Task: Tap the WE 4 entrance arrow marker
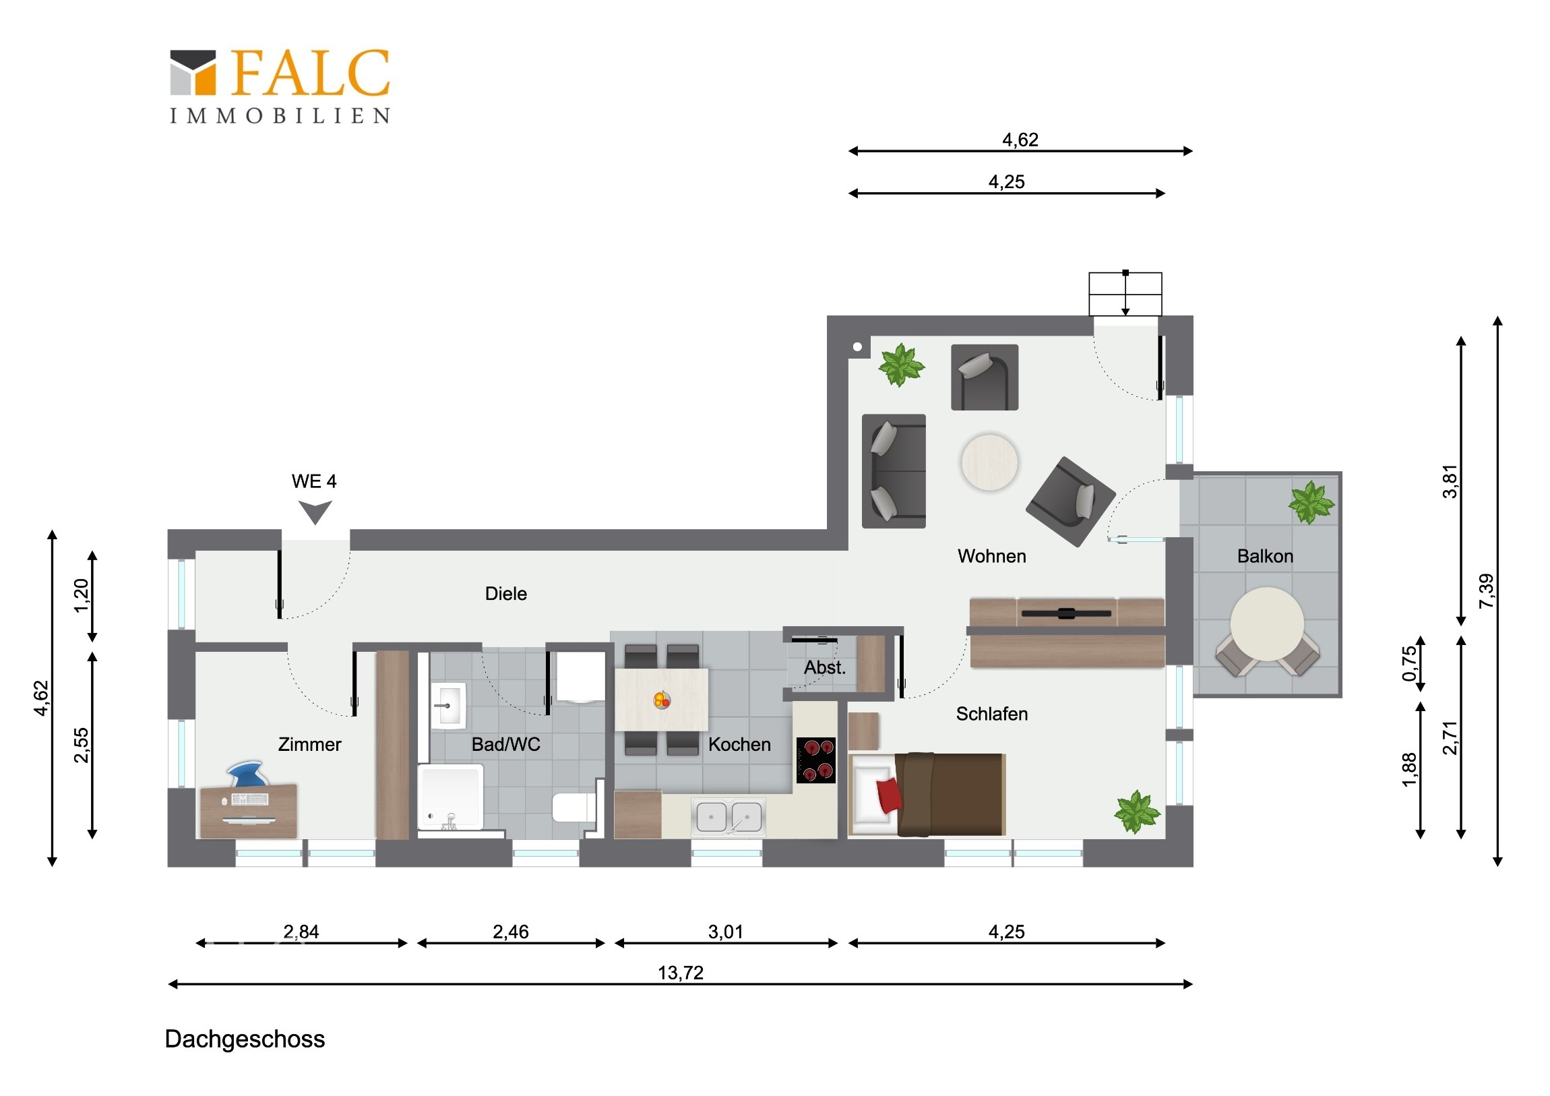click(315, 512)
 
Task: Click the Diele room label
click(505, 594)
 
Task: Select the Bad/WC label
click(505, 744)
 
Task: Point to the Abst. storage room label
click(824, 667)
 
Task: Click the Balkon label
click(1265, 556)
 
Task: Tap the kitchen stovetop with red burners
click(816, 760)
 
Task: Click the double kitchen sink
click(728, 816)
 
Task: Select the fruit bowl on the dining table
click(662, 700)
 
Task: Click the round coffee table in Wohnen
click(990, 462)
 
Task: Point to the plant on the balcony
click(1311, 501)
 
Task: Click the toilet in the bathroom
click(574, 806)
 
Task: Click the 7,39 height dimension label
click(1486, 591)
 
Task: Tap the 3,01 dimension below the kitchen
click(726, 932)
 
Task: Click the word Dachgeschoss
click(245, 1039)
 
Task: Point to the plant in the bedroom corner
click(1138, 811)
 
